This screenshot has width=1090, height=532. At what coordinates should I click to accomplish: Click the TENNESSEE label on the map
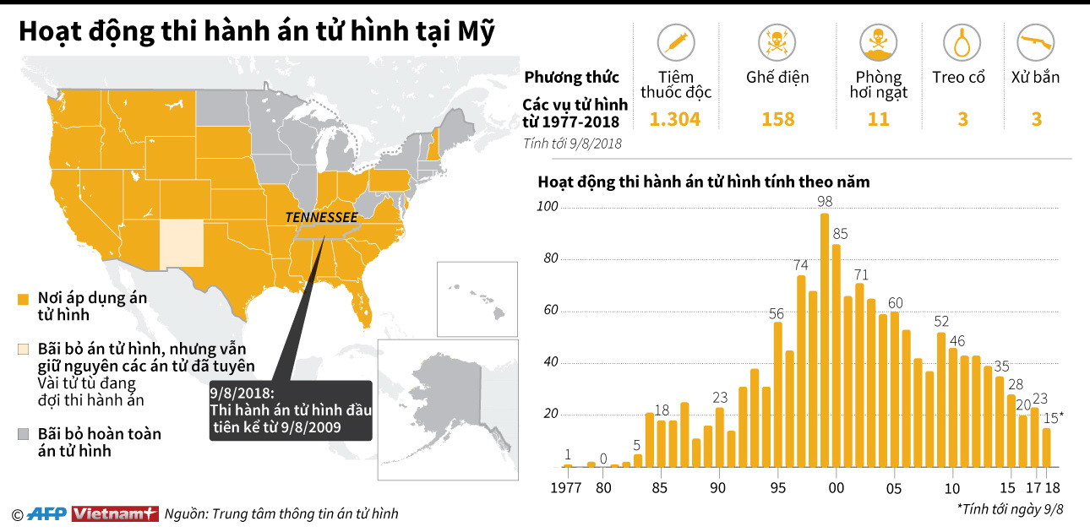pos(320,217)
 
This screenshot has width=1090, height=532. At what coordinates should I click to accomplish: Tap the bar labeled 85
pos(837,355)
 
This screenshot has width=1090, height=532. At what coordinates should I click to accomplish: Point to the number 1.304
pos(674,119)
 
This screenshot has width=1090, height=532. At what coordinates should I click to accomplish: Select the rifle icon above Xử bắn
pos(1035,42)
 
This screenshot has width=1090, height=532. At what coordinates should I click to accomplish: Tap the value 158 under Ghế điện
pos(777,119)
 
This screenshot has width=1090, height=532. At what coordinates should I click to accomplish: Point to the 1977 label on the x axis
pos(566,488)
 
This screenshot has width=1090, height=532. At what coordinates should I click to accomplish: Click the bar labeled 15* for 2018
pos(1046,448)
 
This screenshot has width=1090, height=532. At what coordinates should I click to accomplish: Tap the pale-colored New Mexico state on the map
pos(183,243)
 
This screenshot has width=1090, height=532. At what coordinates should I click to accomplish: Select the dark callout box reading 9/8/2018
pos(291,410)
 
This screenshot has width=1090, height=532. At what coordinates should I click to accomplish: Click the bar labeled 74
pos(801,372)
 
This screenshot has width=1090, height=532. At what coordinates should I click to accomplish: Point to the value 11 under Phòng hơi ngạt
pos(878,119)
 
